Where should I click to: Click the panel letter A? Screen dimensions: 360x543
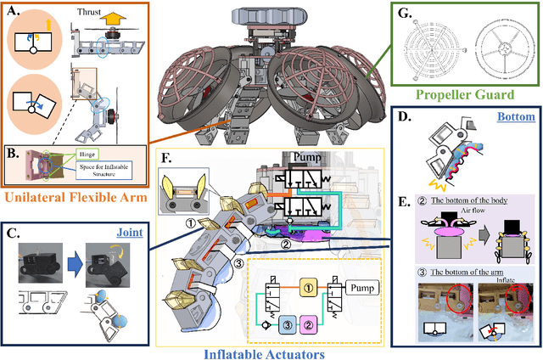pos(14,12)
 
